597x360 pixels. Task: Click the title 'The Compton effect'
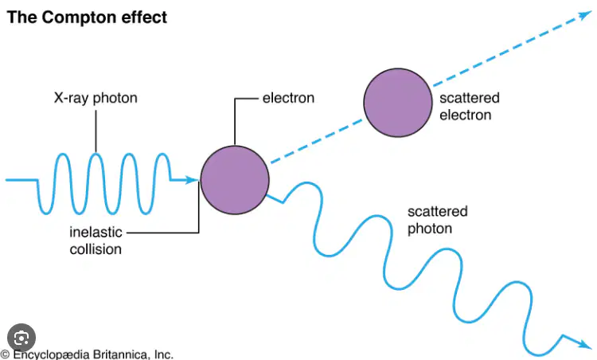[x=87, y=18]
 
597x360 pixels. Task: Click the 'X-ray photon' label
[x=96, y=98]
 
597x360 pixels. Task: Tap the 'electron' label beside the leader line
[x=288, y=98]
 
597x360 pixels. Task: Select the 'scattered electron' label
[x=470, y=106]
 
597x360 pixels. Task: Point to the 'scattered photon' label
[x=438, y=220]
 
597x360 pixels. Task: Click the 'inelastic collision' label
[x=96, y=241]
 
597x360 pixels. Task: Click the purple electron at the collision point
[x=235, y=180]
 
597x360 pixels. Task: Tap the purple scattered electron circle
[x=398, y=103]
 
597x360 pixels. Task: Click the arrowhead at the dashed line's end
[x=586, y=15]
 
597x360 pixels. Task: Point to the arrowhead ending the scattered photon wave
[x=586, y=344]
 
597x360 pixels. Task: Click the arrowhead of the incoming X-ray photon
[x=192, y=180]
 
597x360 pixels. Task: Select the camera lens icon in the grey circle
[x=21, y=338]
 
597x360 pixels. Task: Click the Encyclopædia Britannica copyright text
[x=87, y=354]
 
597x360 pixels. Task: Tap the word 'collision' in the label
[x=96, y=249]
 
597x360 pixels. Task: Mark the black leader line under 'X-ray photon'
[x=96, y=131]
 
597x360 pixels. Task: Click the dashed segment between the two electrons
[x=317, y=141]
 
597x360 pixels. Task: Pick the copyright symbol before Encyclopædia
[x=5, y=354]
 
